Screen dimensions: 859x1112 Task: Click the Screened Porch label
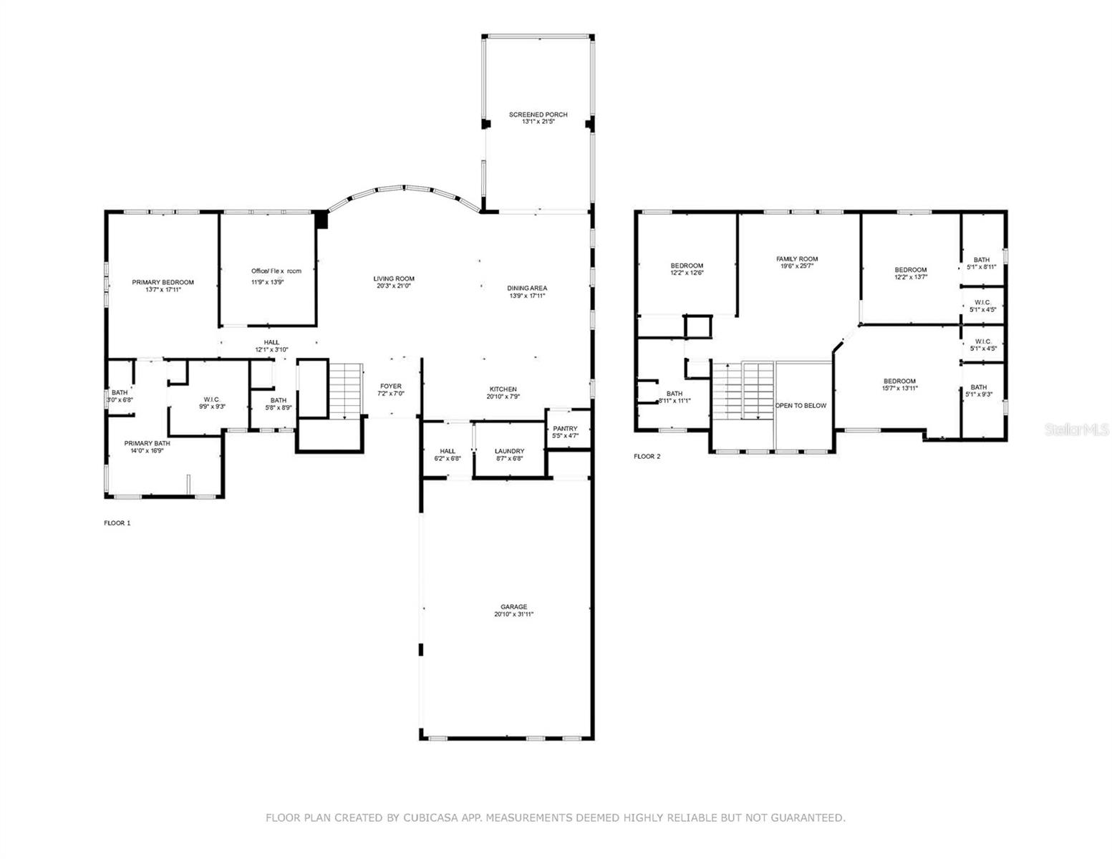(x=538, y=115)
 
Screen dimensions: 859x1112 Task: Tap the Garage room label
(x=513, y=606)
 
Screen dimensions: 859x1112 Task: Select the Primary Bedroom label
(x=163, y=282)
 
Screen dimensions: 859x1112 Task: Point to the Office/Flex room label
(x=276, y=271)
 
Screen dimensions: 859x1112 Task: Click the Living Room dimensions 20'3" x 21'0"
(x=394, y=286)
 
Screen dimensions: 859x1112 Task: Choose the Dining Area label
(x=528, y=288)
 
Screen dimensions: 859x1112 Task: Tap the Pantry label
(x=565, y=429)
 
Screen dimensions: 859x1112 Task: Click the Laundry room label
(x=509, y=451)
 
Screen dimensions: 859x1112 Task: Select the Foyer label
(x=391, y=387)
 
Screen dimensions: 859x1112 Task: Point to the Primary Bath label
(x=147, y=443)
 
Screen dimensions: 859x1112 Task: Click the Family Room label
(x=797, y=259)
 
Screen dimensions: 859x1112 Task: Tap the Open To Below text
(x=801, y=406)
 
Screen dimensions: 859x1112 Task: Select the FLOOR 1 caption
(x=117, y=523)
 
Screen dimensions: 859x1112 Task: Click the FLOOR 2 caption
(x=647, y=456)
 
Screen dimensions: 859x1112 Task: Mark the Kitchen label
(x=503, y=389)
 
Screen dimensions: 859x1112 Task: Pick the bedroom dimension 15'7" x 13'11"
(x=899, y=389)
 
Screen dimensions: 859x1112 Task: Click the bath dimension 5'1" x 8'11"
(x=981, y=267)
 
